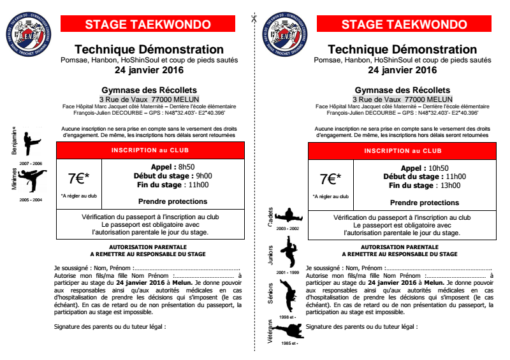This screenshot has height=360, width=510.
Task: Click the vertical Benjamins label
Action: coord(14,141)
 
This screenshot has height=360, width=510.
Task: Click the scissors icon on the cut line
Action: coord(253,17)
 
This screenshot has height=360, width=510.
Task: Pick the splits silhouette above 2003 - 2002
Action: coord(290,214)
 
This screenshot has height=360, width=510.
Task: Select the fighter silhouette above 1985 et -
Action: coord(290,332)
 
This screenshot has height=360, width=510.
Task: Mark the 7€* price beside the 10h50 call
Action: coord(330,178)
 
